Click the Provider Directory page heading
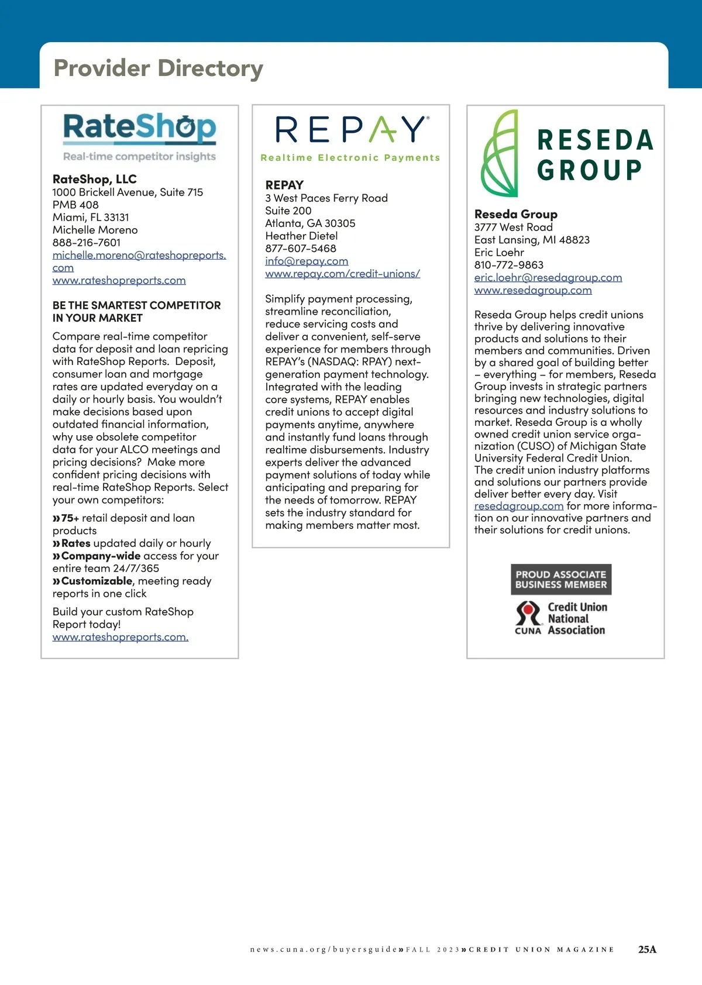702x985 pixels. tap(158, 68)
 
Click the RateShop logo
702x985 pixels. tap(140, 129)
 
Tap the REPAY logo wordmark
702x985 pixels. tap(351, 129)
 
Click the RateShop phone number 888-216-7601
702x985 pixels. tap(87, 243)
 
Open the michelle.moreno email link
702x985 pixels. tap(139, 256)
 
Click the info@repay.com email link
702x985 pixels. tap(307, 261)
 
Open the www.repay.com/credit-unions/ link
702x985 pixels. tap(342, 274)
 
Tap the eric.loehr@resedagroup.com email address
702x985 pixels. tap(548, 278)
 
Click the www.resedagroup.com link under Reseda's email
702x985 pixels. tap(533, 290)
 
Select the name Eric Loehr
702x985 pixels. tap(499, 253)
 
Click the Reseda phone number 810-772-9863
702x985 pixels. tap(509, 265)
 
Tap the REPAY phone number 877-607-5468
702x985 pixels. tap(301, 249)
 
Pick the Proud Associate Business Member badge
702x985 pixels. tap(561, 580)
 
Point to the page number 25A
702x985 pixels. tap(647, 949)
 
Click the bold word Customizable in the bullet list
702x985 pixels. tap(97, 581)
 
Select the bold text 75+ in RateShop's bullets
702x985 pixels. tap(70, 518)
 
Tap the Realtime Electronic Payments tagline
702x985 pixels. tap(350, 158)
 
